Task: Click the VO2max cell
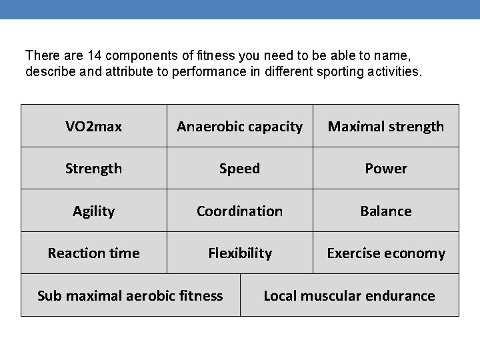point(93,126)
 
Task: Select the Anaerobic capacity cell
point(239,126)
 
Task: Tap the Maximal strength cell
point(386,126)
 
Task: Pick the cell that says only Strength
point(93,169)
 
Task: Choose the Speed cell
point(239,169)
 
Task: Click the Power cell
point(386,169)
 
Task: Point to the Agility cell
point(93,211)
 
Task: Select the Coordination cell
point(239,211)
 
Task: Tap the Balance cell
point(386,211)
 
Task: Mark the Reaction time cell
point(93,253)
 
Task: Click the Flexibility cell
point(239,253)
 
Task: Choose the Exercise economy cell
point(386,253)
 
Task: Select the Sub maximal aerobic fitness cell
point(130,295)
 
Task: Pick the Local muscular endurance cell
point(349,295)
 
